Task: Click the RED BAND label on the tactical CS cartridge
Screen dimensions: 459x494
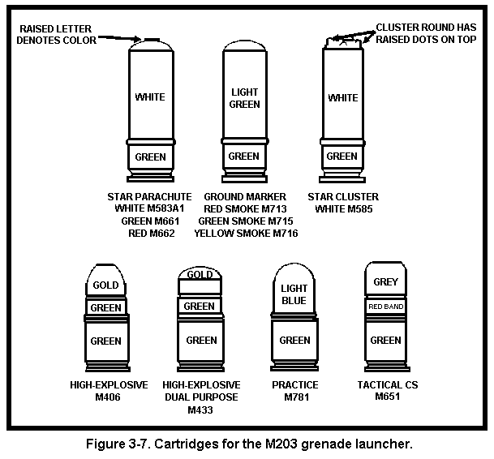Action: click(x=385, y=307)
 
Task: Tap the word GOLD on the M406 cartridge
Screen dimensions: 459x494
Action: click(x=105, y=285)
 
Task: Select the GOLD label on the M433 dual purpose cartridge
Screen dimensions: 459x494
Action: click(x=200, y=275)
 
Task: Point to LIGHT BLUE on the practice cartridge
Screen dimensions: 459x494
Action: click(x=294, y=294)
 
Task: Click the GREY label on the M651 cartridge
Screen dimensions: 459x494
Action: click(x=385, y=282)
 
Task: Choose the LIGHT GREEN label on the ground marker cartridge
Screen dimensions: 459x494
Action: click(x=244, y=98)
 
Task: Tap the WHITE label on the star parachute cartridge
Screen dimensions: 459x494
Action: click(x=150, y=97)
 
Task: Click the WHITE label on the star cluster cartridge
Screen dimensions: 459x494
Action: click(x=342, y=98)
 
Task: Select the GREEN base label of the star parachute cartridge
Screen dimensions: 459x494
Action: click(x=150, y=157)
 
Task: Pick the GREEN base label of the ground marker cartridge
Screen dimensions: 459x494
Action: click(x=244, y=157)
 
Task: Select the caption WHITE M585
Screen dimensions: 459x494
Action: click(x=342, y=209)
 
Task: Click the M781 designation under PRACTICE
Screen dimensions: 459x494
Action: click(x=294, y=397)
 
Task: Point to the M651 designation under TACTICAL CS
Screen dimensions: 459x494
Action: click(x=385, y=397)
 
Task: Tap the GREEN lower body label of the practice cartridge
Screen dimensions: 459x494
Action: click(x=294, y=341)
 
